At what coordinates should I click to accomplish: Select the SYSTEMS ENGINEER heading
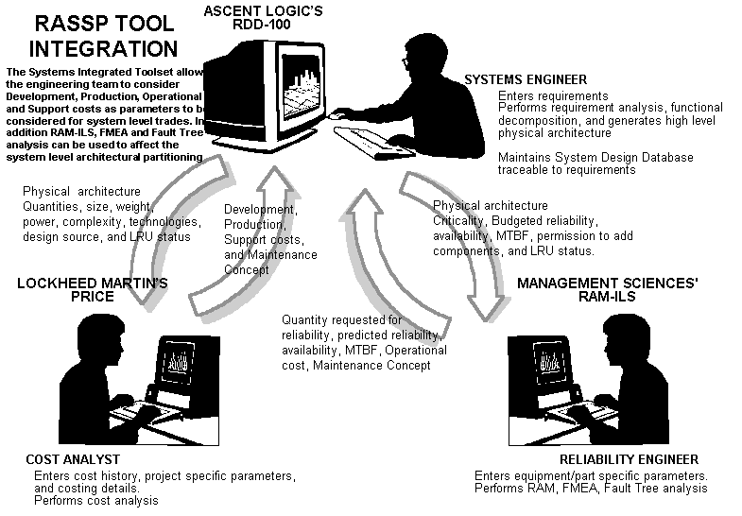click(x=552, y=79)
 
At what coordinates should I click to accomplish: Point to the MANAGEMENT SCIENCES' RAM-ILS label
click(x=619, y=288)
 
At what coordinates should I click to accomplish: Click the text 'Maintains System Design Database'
click(x=595, y=157)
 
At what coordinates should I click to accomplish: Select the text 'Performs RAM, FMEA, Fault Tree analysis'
click(x=590, y=488)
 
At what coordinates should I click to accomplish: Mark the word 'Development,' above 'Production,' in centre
click(x=260, y=209)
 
